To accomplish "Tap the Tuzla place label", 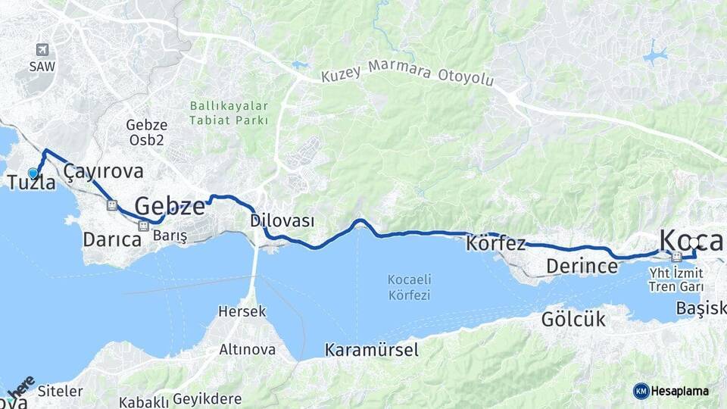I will click(x=31, y=183).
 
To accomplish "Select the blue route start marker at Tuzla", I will click(x=33, y=173).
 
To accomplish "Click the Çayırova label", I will click(x=103, y=171).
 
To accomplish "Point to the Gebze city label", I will click(x=170, y=205).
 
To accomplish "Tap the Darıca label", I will click(x=112, y=240).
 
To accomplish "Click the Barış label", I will click(x=170, y=236).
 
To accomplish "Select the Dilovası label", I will click(x=282, y=220).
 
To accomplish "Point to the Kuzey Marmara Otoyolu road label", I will click(x=407, y=74).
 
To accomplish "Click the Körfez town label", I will click(x=496, y=244).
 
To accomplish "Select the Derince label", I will click(x=582, y=267).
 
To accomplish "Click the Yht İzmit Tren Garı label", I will click(x=676, y=278).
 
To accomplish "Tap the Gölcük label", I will click(x=573, y=319).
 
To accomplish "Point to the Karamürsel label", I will click(x=371, y=350).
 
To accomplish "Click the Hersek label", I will click(x=242, y=311).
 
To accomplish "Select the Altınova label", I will click(x=247, y=350).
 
